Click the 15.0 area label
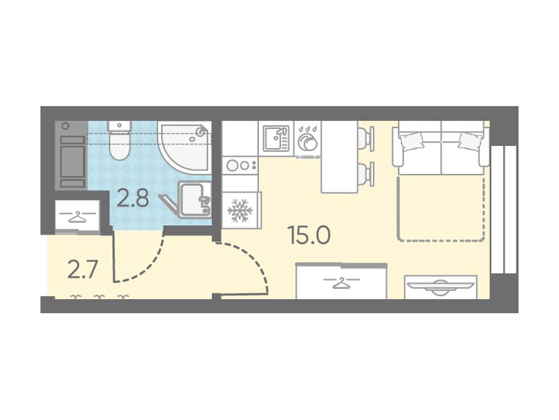click(310, 236)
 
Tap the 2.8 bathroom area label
click(133, 199)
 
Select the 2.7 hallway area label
click(82, 270)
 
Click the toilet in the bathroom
click(120, 141)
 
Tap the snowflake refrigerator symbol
click(240, 211)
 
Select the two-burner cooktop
click(240, 165)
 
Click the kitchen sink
click(276, 138)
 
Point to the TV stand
click(441, 287)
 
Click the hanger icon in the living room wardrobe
click(342, 282)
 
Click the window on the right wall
click(504, 209)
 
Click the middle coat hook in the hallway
click(99, 297)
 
